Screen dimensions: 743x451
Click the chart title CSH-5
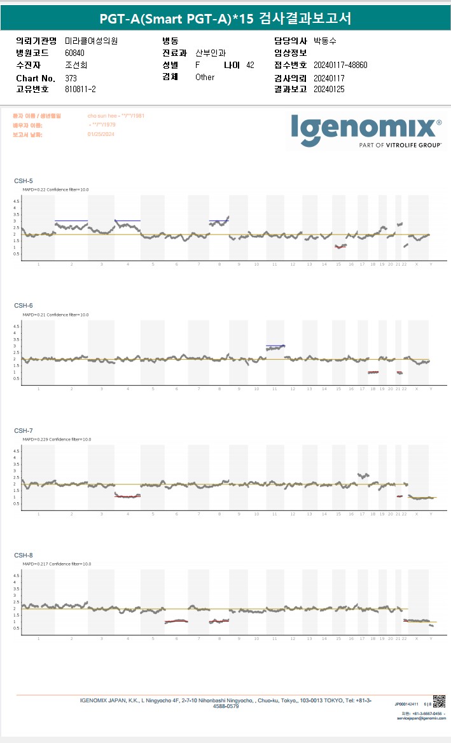24,181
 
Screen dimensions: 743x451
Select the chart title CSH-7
24,431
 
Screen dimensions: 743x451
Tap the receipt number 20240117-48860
340,65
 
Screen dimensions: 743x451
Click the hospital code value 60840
74,53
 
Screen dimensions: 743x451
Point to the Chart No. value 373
71,78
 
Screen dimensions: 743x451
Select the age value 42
250,65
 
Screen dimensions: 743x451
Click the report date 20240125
329,90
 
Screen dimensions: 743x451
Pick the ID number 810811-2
80,90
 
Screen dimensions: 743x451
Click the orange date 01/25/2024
100,135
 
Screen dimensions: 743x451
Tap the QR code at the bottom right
439,700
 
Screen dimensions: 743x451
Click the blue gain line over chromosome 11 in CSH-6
275,346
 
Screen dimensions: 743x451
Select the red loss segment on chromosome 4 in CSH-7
127,496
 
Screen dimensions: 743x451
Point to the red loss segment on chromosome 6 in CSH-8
176,621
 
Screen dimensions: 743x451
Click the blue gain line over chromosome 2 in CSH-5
71,221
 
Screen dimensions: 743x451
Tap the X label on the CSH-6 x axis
417,388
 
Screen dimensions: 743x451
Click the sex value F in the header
198,65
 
